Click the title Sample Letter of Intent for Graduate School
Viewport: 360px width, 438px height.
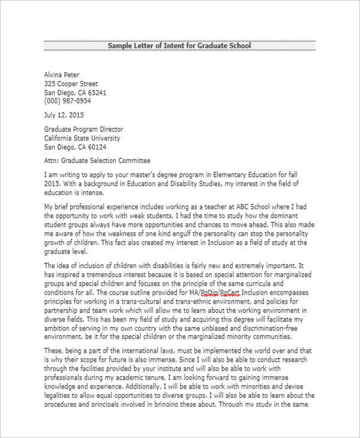[179, 46]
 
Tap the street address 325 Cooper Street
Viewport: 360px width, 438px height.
[71, 84]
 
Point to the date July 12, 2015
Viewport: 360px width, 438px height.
[64, 115]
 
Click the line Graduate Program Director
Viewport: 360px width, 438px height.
[83, 129]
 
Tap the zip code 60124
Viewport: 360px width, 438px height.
[96, 147]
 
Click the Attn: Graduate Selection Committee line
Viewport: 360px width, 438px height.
[97, 161]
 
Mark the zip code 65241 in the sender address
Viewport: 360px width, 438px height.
[96, 93]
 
